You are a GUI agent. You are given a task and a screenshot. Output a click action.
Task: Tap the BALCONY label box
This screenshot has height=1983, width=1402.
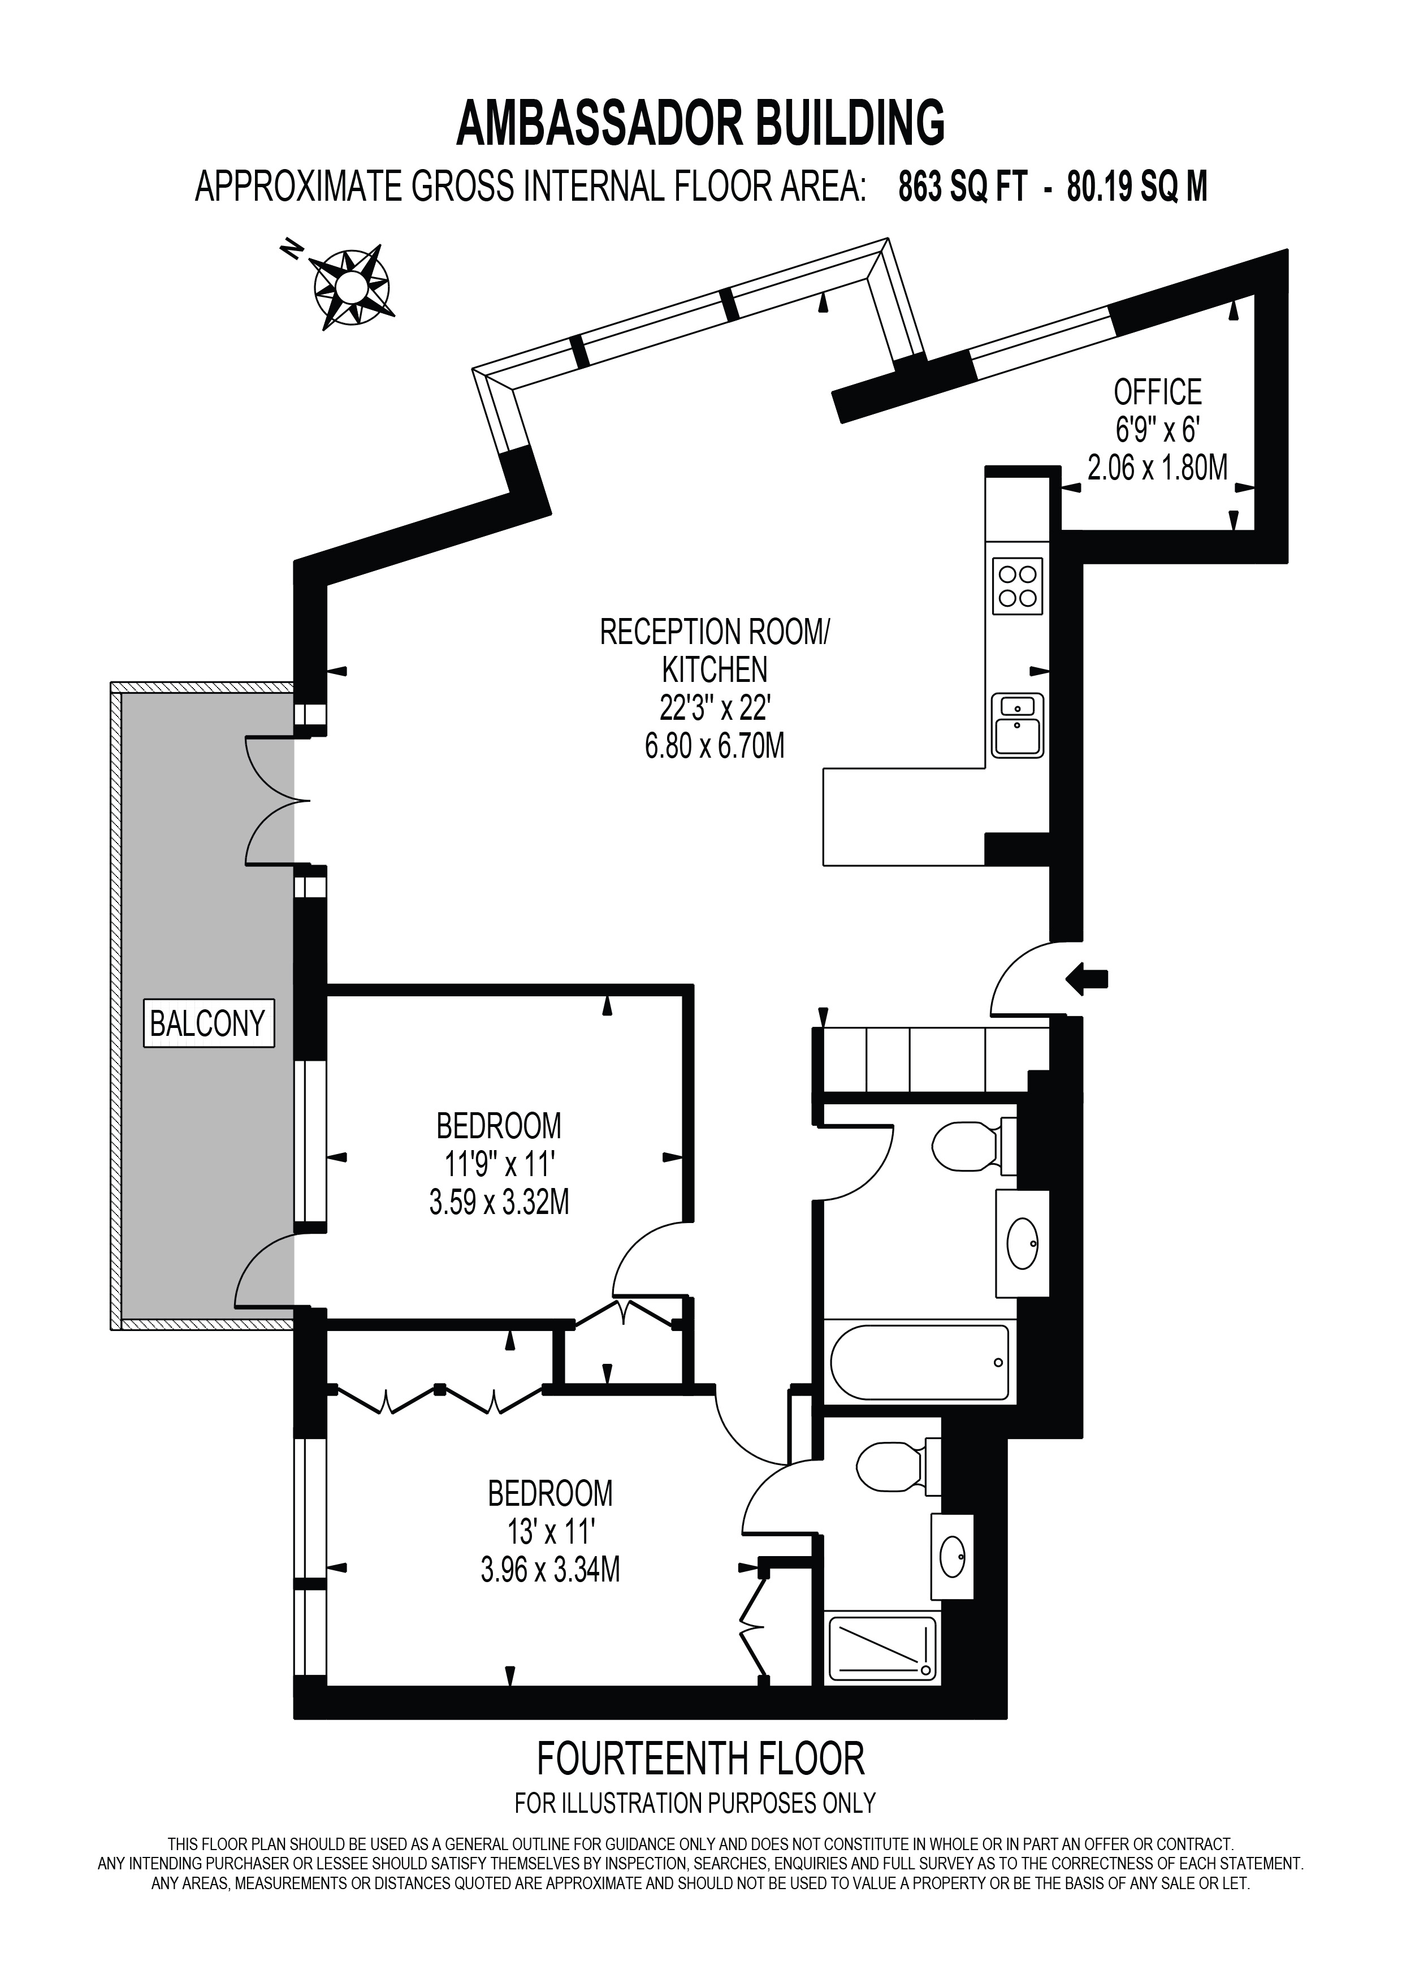pyautogui.click(x=208, y=1023)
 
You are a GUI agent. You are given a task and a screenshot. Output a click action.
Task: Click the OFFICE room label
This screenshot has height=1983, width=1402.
pyautogui.click(x=1157, y=393)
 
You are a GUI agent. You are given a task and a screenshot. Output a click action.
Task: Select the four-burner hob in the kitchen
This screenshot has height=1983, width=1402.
pyautogui.click(x=1017, y=586)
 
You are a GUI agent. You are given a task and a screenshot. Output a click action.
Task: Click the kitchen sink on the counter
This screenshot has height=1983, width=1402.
pyautogui.click(x=1017, y=725)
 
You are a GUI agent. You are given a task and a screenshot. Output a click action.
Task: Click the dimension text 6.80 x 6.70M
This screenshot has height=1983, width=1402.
pyautogui.click(x=715, y=745)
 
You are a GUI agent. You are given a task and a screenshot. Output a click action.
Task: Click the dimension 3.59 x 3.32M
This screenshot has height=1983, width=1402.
pyautogui.click(x=499, y=1202)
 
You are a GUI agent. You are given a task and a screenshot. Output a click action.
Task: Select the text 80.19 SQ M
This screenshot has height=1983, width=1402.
pyautogui.click(x=1137, y=187)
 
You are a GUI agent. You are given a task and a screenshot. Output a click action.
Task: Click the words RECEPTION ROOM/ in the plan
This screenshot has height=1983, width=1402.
pyautogui.click(x=714, y=632)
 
